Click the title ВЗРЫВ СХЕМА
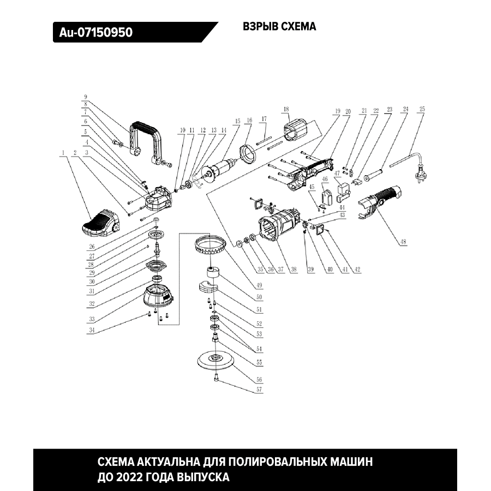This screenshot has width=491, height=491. point(278,27)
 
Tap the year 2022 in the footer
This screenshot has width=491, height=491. point(130,477)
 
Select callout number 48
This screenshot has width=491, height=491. point(403,244)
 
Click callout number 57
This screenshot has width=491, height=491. point(260,390)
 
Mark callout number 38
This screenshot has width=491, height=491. point(294,269)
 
